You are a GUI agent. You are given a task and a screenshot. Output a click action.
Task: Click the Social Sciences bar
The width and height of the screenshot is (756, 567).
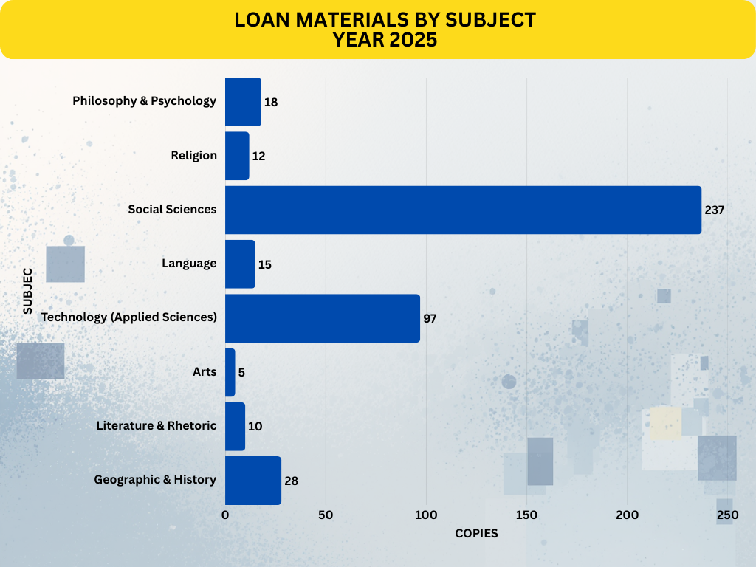coord(463,210)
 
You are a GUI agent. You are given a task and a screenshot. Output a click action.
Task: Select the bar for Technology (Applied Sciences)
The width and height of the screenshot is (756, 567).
coord(322,318)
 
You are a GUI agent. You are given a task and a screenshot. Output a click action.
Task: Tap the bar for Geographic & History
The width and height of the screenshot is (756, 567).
coord(252,481)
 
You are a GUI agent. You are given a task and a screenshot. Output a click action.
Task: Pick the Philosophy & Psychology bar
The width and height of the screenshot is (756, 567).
coord(243,102)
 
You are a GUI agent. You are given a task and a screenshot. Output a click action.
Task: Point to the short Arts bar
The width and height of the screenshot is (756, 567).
coord(230,372)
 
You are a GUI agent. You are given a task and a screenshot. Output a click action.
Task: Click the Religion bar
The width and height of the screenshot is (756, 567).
coord(237,156)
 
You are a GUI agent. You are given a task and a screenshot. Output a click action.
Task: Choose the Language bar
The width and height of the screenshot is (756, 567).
coord(240,264)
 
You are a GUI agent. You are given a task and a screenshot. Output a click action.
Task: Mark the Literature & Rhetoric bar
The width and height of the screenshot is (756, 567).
coord(235,427)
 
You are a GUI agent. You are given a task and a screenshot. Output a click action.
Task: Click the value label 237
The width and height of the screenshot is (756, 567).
coord(715,210)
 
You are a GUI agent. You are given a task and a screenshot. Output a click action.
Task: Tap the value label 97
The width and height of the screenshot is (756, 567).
coord(430,318)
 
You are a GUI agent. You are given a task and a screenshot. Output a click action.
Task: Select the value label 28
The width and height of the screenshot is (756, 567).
coord(291,481)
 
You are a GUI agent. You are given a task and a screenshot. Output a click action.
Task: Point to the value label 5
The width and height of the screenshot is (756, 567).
coord(241,372)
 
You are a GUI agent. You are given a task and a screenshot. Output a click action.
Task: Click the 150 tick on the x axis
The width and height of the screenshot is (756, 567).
coord(526,515)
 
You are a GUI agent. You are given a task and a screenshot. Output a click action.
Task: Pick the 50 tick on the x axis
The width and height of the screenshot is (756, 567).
coord(326,515)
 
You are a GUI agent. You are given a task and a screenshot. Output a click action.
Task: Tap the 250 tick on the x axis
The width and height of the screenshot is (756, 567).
coord(727,515)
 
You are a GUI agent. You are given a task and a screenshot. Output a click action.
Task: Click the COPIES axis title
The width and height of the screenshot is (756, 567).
coord(476,533)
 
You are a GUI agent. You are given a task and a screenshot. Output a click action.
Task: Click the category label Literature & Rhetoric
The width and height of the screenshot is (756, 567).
coord(156,425)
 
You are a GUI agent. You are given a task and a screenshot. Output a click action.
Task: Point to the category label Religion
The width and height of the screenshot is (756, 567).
coord(193,155)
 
